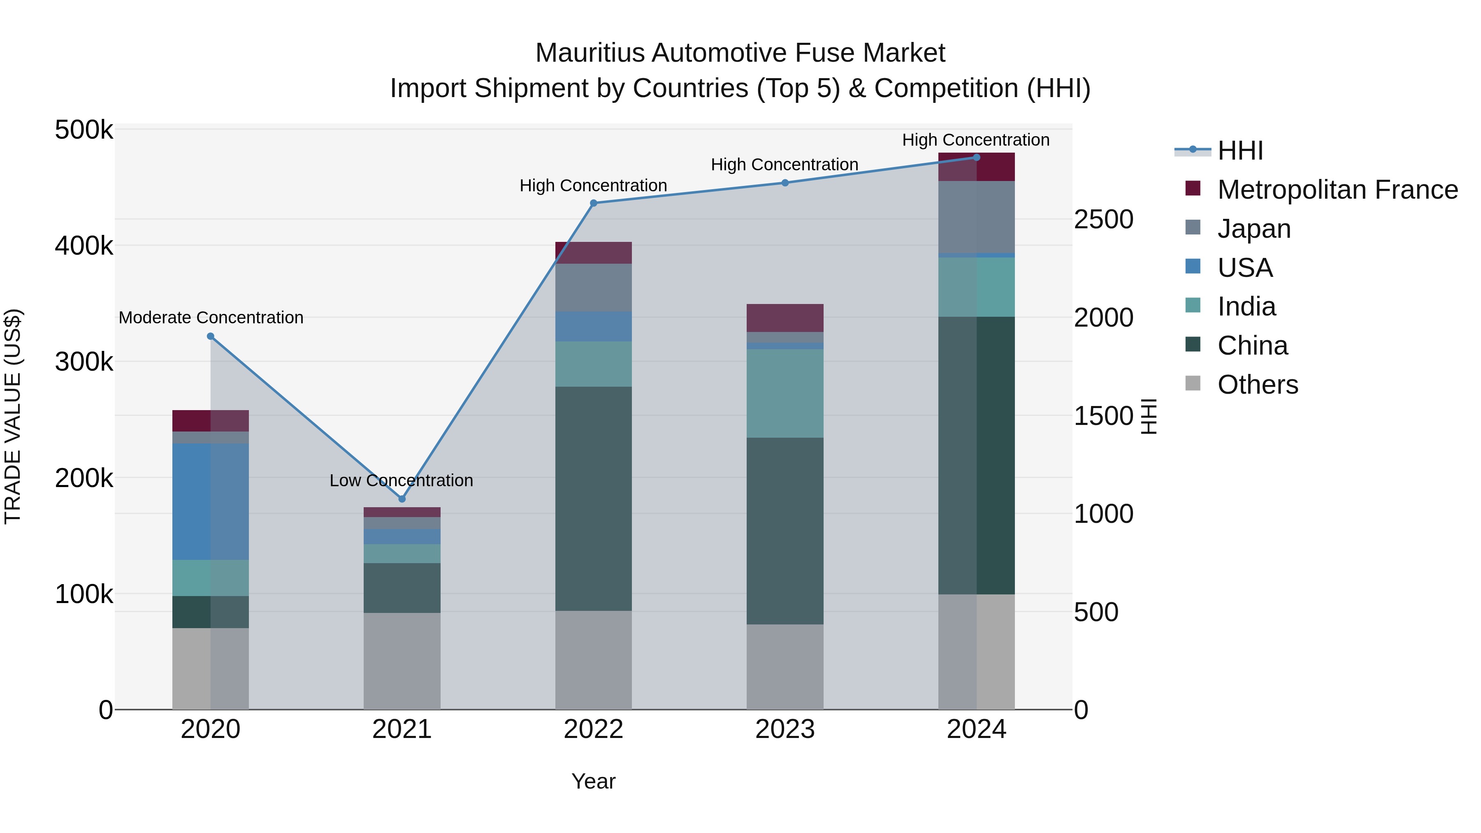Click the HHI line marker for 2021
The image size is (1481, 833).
tap(402, 499)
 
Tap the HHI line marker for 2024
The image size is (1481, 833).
tap(976, 157)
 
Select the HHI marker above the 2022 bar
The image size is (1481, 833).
tap(594, 203)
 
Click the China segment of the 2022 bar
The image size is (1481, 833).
tap(593, 499)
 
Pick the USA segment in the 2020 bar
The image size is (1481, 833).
tap(210, 501)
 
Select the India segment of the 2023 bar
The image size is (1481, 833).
tap(785, 393)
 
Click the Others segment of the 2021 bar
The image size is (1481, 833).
tap(402, 661)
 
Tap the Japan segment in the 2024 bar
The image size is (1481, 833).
tap(976, 217)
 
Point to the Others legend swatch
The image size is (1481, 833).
tap(1193, 383)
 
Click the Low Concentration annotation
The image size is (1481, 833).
tap(401, 480)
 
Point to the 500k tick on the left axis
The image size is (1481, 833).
tap(84, 130)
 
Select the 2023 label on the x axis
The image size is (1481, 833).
tap(785, 729)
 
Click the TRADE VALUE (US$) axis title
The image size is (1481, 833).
tap(13, 416)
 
